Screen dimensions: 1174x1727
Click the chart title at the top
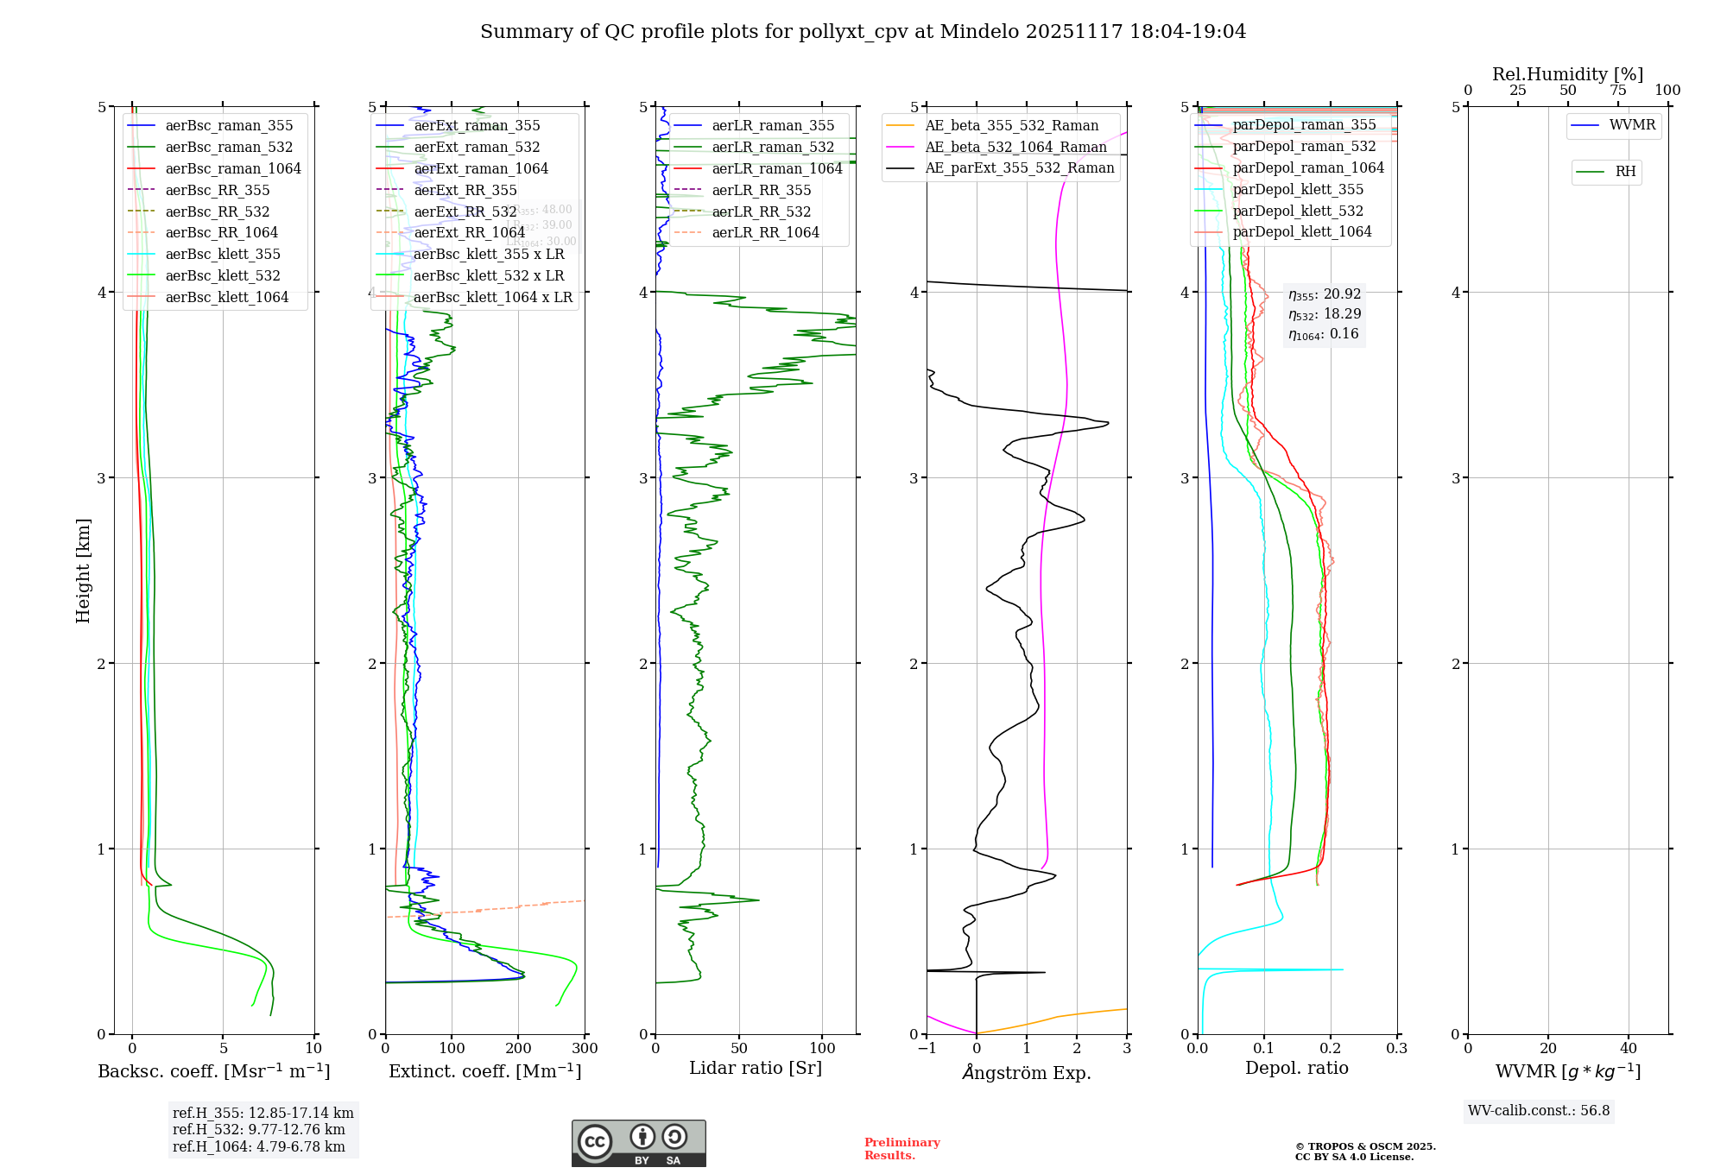tap(863, 32)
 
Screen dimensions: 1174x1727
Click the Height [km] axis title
tap(83, 571)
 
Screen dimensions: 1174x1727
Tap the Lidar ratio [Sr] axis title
tap(756, 1068)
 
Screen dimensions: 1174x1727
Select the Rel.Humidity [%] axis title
tap(1567, 74)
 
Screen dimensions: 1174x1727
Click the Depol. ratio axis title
tap(1296, 1068)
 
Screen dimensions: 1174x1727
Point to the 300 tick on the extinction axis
tap(585, 1049)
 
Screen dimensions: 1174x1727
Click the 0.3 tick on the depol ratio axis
tap(1396, 1049)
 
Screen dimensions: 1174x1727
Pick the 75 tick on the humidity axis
tap(1617, 91)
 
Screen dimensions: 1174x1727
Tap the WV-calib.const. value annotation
tap(1539, 1111)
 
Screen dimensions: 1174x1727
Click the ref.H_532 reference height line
tap(258, 1130)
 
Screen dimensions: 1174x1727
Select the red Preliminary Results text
tap(901, 1149)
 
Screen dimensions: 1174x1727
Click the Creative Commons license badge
tap(638, 1144)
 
